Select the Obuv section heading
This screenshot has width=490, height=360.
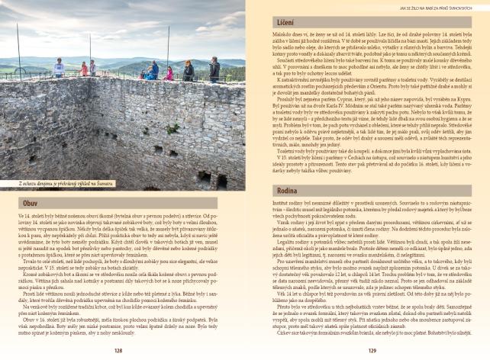coord(28,204)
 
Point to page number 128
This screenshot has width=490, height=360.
coord(118,351)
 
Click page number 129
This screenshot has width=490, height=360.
coord(372,351)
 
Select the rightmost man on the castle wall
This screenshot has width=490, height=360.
coord(214,69)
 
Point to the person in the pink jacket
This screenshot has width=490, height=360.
coord(169,73)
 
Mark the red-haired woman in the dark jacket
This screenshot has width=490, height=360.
coord(188,71)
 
